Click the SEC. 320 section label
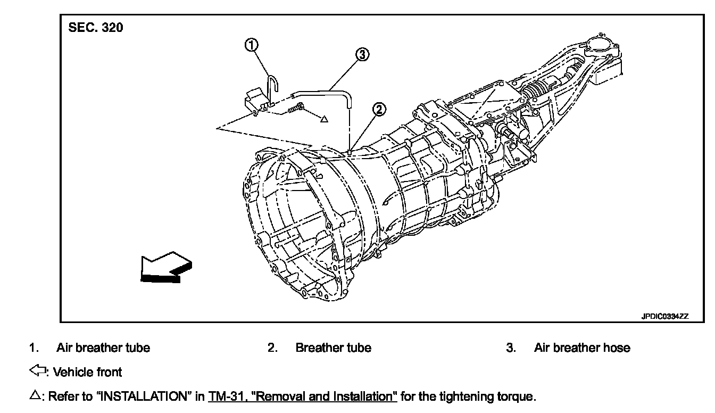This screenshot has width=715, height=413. [x=96, y=27]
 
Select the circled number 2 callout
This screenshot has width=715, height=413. [x=379, y=110]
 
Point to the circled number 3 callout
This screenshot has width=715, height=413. [x=362, y=54]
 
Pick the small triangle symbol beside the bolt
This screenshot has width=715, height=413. [x=324, y=119]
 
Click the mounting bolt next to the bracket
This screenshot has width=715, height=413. [x=296, y=109]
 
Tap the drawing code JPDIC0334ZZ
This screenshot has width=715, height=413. [x=664, y=316]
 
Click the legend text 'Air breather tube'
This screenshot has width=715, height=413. [x=103, y=348]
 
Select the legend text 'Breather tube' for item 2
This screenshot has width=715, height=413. [x=333, y=348]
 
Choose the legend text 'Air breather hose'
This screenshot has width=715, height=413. [x=582, y=348]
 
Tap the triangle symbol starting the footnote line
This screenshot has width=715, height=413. [x=34, y=395]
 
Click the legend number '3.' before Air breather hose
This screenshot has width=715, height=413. [x=511, y=348]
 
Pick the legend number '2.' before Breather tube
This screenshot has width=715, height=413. [x=272, y=348]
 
